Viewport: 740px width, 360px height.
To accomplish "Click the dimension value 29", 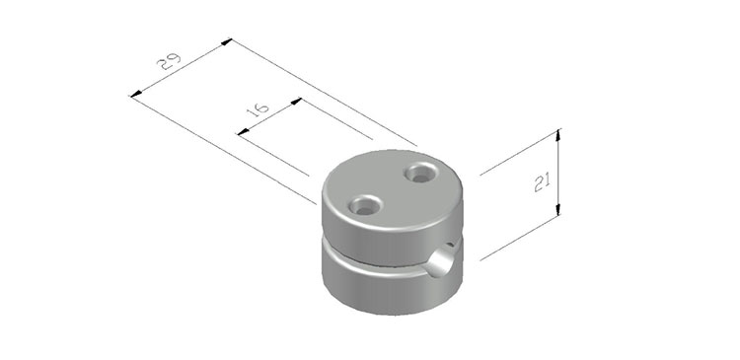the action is [x=170, y=61].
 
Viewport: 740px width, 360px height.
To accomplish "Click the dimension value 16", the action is [x=259, y=109].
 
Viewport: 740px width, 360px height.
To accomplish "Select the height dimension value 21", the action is [x=543, y=182].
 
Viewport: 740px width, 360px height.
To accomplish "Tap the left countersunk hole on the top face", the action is [x=365, y=205].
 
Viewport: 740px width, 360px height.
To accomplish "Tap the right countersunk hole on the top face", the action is [x=420, y=173].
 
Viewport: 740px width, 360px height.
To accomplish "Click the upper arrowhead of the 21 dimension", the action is [x=558, y=135].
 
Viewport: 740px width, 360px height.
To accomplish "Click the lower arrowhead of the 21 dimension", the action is [x=558, y=209].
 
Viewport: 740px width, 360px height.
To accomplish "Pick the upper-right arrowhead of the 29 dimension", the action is [x=227, y=42].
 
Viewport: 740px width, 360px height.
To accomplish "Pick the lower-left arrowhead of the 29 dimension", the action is [x=136, y=94].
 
